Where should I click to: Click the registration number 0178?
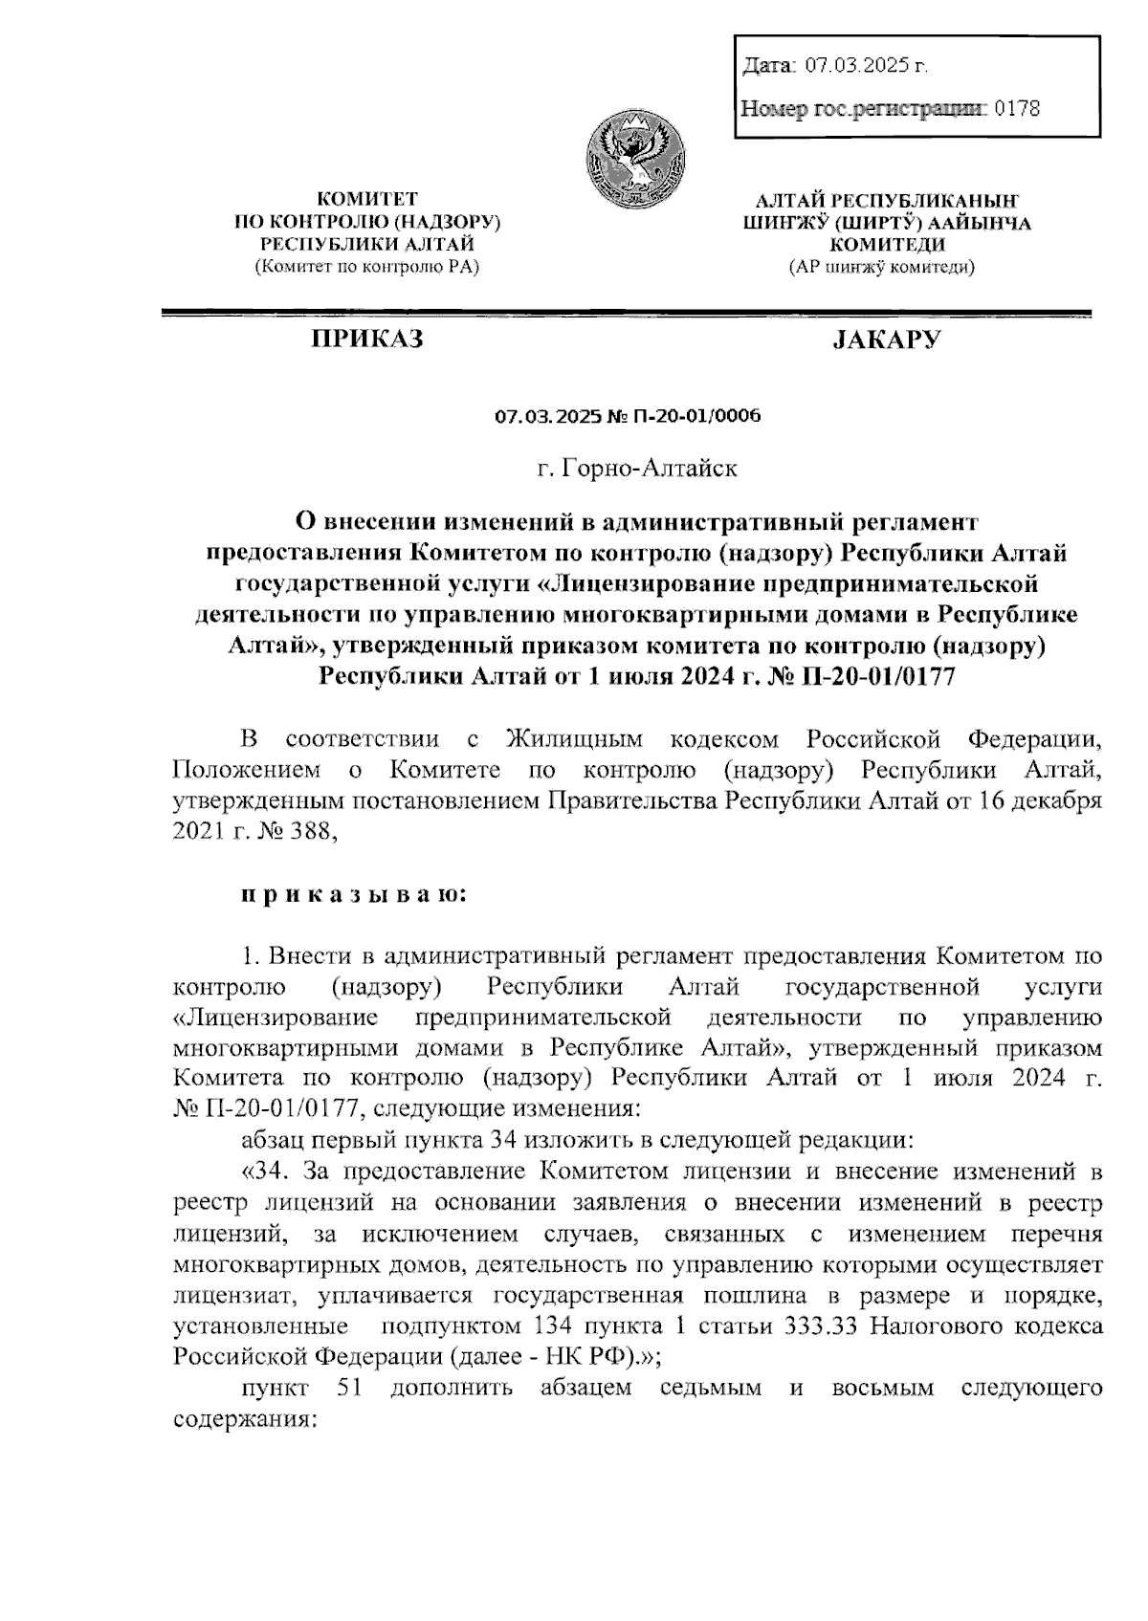[1017, 108]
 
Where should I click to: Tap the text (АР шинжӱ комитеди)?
[881, 269]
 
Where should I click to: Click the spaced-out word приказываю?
[354, 894]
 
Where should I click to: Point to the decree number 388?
[313, 832]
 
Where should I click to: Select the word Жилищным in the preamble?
[573, 739]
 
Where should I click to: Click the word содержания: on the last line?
[245, 1418]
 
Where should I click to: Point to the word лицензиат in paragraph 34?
[228, 1296]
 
